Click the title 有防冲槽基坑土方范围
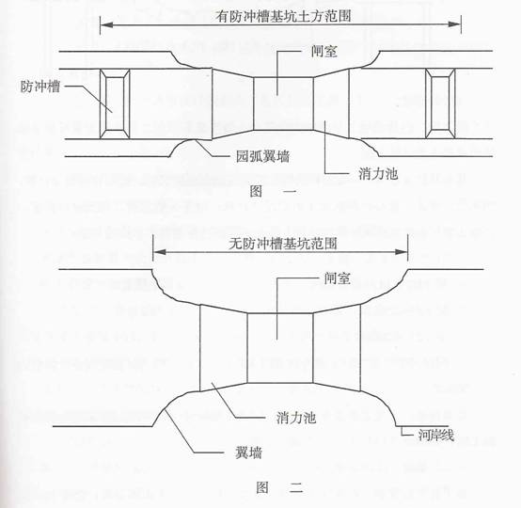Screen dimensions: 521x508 (283, 16)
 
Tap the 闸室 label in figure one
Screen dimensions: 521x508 (324, 52)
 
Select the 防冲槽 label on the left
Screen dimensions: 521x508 (40, 87)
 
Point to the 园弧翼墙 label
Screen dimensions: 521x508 (262, 156)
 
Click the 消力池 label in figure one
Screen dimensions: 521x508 (378, 173)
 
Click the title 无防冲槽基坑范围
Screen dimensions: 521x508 (283, 244)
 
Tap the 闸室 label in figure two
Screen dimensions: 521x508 (338, 278)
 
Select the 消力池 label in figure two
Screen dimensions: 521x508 (295, 418)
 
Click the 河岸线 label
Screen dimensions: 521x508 (436, 435)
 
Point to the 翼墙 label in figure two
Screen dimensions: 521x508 (248, 452)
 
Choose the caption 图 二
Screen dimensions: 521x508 (279, 487)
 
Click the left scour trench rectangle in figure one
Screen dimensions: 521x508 (115, 103)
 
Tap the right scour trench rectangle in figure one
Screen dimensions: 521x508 (440, 103)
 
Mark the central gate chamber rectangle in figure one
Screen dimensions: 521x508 (283, 103)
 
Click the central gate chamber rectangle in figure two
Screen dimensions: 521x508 (280, 348)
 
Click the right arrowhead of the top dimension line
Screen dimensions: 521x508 (454, 24)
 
